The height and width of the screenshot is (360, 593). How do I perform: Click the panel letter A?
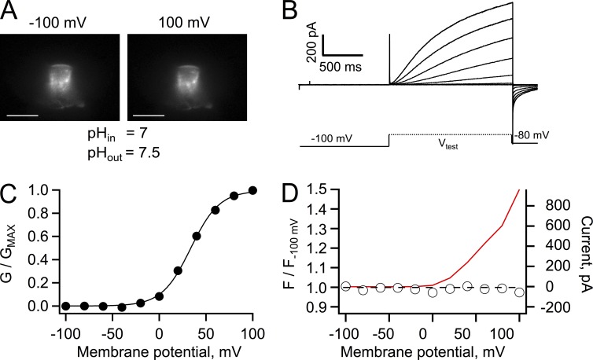(x=11, y=11)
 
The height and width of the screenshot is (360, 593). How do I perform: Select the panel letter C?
(x=11, y=194)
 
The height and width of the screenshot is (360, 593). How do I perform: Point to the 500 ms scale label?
(x=346, y=68)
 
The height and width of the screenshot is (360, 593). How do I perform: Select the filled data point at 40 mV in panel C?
(x=197, y=236)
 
